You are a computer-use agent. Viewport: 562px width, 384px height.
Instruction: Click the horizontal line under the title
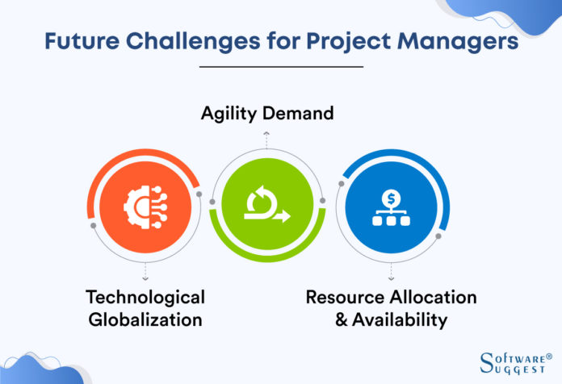point(280,67)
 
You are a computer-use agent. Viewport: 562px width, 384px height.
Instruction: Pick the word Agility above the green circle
point(233,114)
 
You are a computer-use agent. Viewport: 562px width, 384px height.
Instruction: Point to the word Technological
point(146,297)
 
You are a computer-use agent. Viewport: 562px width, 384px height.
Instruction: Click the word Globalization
point(146,319)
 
